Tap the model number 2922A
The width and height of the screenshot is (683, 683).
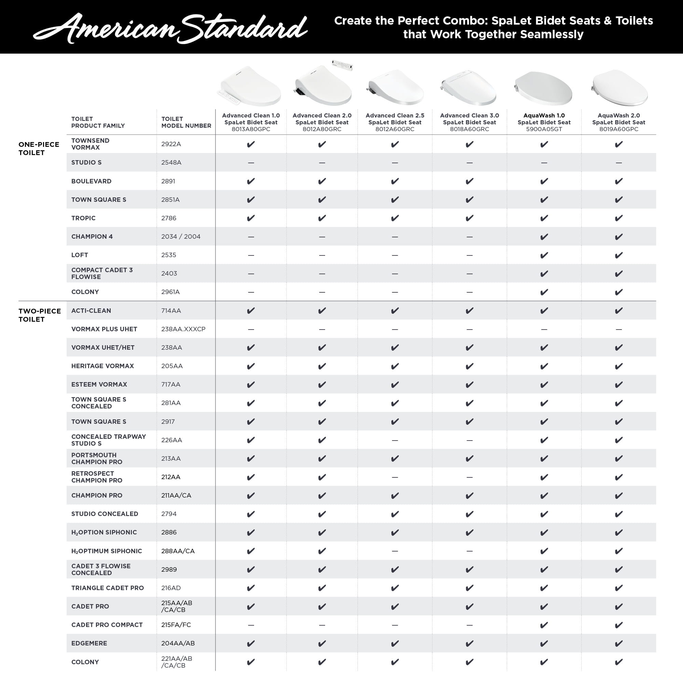coord(171,144)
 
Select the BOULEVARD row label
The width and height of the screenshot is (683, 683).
coord(91,181)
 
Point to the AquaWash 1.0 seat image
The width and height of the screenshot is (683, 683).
coord(544,88)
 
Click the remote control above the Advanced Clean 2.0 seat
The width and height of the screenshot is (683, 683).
coord(342,66)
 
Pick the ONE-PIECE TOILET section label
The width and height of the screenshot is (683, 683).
coord(39,149)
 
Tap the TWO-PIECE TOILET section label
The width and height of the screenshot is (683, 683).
coord(40,315)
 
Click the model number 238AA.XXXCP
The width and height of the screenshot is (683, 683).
coord(183,329)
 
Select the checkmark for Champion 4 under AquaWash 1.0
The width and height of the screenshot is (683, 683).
coord(544,237)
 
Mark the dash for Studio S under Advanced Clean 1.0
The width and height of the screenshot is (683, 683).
coord(251,163)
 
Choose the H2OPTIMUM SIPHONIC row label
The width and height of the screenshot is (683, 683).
coord(107,551)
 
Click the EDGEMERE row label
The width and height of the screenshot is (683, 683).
coord(89,643)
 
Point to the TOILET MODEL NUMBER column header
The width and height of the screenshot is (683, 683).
coord(186,122)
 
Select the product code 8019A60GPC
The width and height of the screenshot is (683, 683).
coord(619,129)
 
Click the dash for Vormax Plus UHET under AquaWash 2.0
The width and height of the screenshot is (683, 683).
coord(619,329)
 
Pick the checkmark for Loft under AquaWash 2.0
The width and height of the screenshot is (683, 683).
coord(619,255)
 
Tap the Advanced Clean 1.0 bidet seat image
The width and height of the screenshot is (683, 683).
coord(250,87)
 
